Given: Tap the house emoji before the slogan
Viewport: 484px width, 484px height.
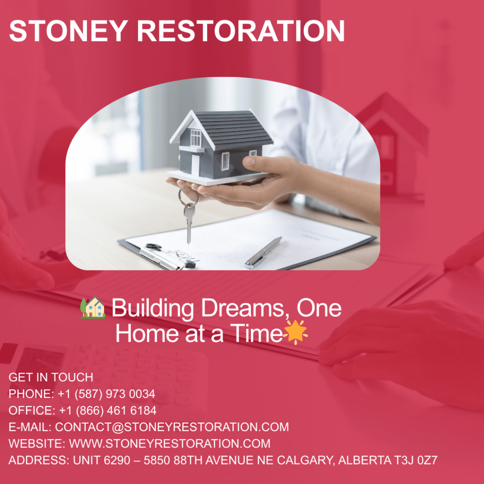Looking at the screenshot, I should (93, 308).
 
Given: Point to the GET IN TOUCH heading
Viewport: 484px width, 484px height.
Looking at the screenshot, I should (51, 377).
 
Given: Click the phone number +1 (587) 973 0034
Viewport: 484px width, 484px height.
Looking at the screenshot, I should (106, 394).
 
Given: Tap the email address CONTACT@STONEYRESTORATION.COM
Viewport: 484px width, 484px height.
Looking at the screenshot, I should (172, 427).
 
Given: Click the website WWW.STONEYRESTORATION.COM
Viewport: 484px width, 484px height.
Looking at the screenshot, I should (170, 443).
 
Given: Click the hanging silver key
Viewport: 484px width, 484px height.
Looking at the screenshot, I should (189, 222).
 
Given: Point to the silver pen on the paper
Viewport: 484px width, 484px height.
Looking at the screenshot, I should (263, 252).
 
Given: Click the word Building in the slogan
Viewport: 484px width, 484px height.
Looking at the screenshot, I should (152, 309).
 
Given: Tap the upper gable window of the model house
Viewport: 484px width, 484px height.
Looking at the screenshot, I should (195, 137).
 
